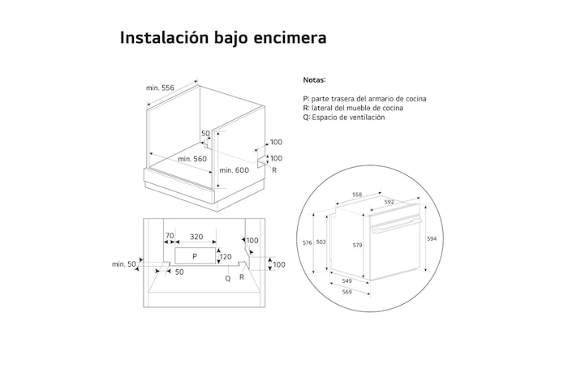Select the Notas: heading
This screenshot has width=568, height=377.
coord(314,80)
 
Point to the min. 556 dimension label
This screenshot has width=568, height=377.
coord(161,88)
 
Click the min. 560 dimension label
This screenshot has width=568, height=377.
coord(192,158)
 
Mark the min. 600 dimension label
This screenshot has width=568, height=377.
coord(234,170)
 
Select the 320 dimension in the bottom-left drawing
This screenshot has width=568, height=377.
coord(196,237)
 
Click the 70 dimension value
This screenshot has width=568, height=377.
coord(170,237)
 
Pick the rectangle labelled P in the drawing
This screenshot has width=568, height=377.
coord(195,256)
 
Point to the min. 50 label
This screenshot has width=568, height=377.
coord(123,264)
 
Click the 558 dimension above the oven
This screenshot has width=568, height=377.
coord(357,195)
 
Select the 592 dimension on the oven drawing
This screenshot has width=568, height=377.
coord(389,202)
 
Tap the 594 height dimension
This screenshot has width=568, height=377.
coord(432,238)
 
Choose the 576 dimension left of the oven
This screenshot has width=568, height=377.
coord(308,242)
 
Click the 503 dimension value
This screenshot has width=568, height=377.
coord(321,242)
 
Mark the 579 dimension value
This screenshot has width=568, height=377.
coord(357,244)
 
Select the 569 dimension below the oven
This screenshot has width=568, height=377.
coord(347,293)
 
